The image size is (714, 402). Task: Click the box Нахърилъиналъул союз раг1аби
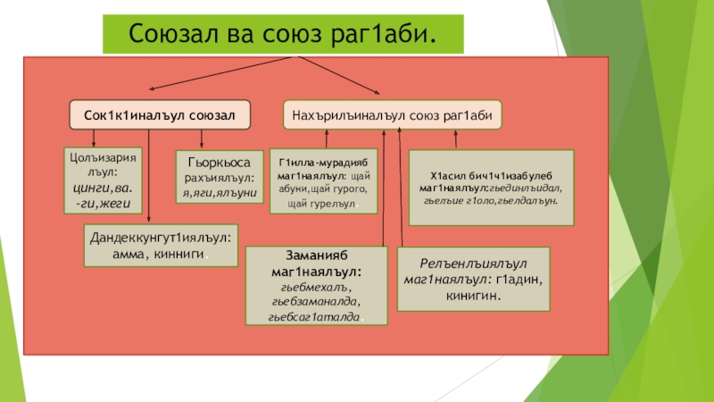392,114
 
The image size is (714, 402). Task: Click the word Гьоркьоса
220,163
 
